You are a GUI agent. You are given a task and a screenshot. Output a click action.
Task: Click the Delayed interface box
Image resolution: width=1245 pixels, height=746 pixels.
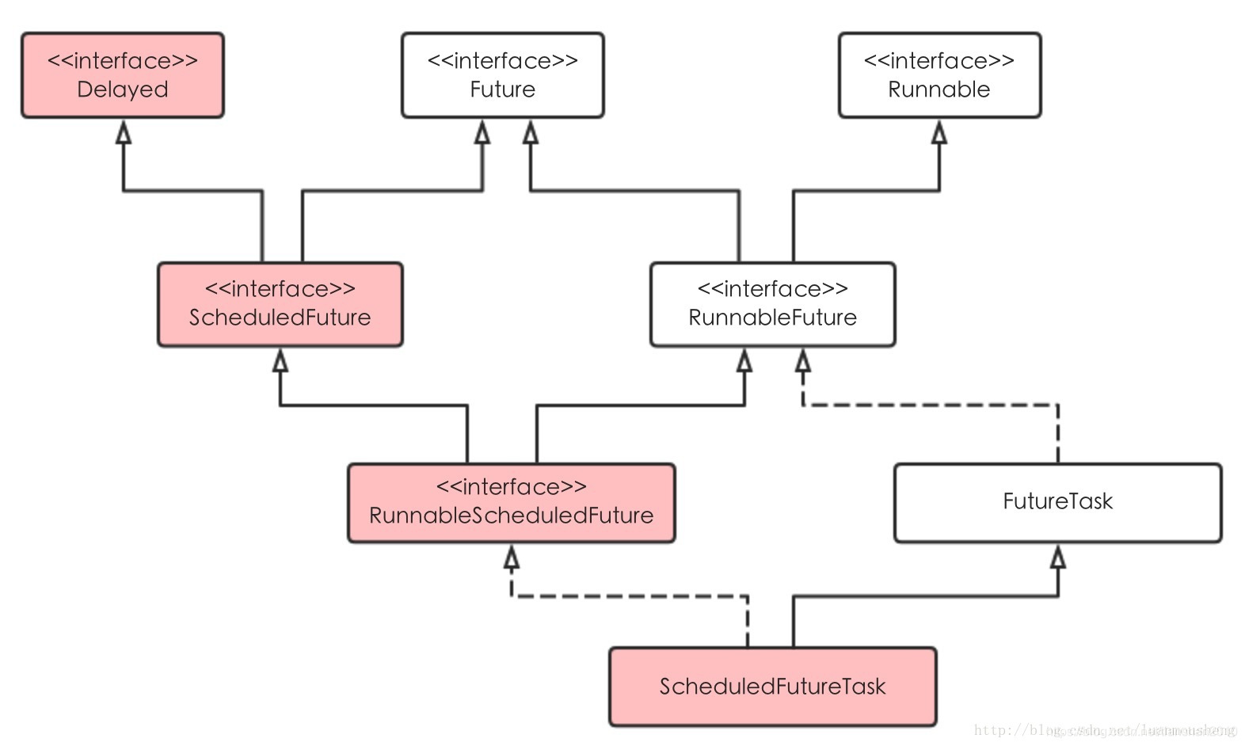[123, 75]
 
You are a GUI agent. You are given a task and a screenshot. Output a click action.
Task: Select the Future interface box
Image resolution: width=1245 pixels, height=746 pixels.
[502, 75]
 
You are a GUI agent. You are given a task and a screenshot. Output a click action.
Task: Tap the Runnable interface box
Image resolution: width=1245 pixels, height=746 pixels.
[939, 75]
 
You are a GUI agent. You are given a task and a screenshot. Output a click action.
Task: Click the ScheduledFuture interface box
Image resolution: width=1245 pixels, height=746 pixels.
[280, 304]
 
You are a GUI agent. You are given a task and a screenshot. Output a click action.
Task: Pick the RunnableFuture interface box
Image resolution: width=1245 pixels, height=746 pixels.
[772, 304]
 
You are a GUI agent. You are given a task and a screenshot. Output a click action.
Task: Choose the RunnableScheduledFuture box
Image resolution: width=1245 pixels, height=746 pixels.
[511, 503]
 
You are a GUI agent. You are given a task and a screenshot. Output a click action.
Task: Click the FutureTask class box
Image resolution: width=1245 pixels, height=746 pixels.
[1057, 503]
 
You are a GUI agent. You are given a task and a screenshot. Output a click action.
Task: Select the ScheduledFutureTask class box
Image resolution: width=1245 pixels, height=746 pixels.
[772, 687]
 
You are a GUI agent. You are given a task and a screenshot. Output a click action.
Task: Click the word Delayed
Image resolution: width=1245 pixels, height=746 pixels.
[123, 89]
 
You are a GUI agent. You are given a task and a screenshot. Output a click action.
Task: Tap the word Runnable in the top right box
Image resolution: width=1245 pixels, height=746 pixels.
[939, 89]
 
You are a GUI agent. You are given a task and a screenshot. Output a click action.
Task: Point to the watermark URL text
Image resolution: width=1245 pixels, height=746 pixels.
[1105, 730]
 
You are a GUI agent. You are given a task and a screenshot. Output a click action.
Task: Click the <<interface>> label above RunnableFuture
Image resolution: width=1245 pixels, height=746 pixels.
[772, 289]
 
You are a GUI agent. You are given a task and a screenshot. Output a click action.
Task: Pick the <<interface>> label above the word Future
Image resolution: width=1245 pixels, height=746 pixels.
[502, 61]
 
